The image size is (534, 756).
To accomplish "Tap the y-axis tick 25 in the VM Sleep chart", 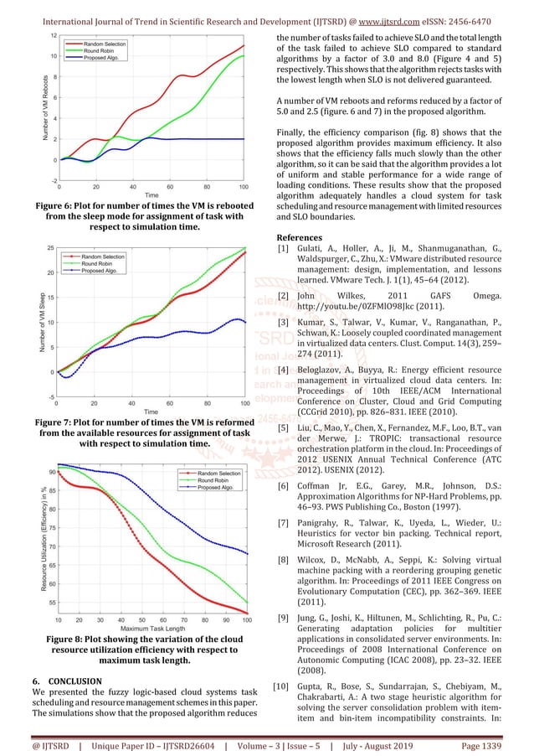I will (x=52, y=248).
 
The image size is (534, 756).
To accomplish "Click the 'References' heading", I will (x=304, y=237).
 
